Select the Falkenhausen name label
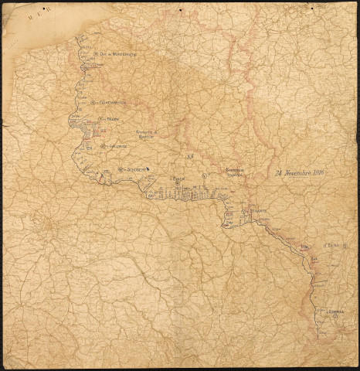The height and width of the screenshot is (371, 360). click(x=112, y=103)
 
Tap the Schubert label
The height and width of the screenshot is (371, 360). click(x=136, y=169)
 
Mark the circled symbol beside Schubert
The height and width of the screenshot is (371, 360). click(x=120, y=169)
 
